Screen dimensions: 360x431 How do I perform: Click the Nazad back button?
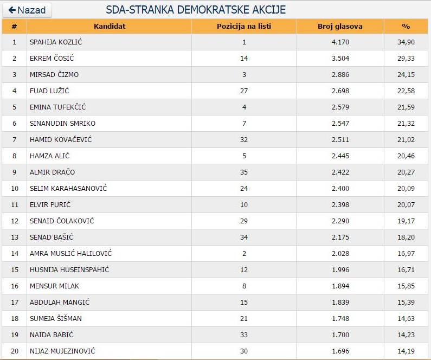[x=27, y=10]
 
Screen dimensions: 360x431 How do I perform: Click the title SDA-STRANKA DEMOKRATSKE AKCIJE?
[x=196, y=10]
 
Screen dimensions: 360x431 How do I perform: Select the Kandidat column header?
[x=109, y=26]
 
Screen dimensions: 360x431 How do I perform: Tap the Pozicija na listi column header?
[x=244, y=26]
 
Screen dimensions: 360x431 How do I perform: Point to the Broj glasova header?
[x=340, y=26]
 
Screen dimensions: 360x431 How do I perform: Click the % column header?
[x=406, y=26]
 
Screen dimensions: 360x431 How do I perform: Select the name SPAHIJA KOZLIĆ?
[x=56, y=42]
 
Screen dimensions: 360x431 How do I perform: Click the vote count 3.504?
[x=340, y=58]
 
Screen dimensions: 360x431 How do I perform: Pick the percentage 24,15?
[x=406, y=74]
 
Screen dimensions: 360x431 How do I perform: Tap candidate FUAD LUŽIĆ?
[x=49, y=91]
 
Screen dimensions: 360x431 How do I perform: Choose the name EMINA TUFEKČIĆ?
[x=57, y=107]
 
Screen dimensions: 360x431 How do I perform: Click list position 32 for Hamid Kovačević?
[x=244, y=139]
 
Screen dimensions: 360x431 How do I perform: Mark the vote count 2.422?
[x=340, y=172]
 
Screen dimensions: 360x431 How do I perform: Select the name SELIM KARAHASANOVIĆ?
[x=68, y=188]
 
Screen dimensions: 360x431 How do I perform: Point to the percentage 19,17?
[x=406, y=221]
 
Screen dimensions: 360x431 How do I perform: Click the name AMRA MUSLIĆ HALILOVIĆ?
[x=71, y=253]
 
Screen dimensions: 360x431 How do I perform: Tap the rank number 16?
[x=15, y=286]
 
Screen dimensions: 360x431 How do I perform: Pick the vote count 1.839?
[x=340, y=302]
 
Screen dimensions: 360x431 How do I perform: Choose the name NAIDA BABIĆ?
[x=52, y=335]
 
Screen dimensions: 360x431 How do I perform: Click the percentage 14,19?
[x=406, y=351]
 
